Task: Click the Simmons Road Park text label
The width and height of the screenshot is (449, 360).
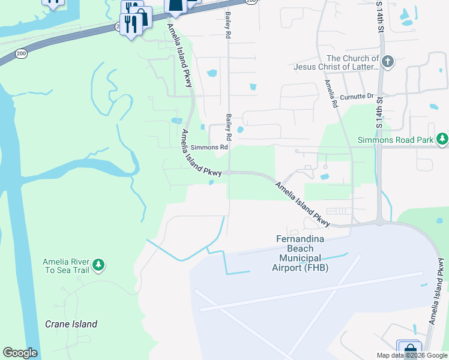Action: point(396,140)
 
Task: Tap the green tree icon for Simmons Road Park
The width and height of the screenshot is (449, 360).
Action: point(442,139)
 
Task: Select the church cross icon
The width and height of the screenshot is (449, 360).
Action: point(388,61)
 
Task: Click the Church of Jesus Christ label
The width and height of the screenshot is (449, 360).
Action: point(336,62)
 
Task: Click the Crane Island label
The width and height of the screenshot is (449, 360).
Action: point(71,324)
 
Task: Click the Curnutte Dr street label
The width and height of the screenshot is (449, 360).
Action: point(357,96)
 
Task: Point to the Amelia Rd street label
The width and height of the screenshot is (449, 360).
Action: point(331,94)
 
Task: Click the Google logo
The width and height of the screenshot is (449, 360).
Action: point(20,353)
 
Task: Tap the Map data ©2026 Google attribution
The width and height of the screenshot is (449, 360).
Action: point(412,355)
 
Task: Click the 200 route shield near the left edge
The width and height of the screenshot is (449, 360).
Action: point(22,54)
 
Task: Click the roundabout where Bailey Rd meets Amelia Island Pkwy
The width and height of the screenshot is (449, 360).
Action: point(229,173)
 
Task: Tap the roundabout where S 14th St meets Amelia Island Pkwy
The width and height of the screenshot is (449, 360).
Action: point(379,222)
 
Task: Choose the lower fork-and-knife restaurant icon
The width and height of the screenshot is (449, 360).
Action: point(130,25)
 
